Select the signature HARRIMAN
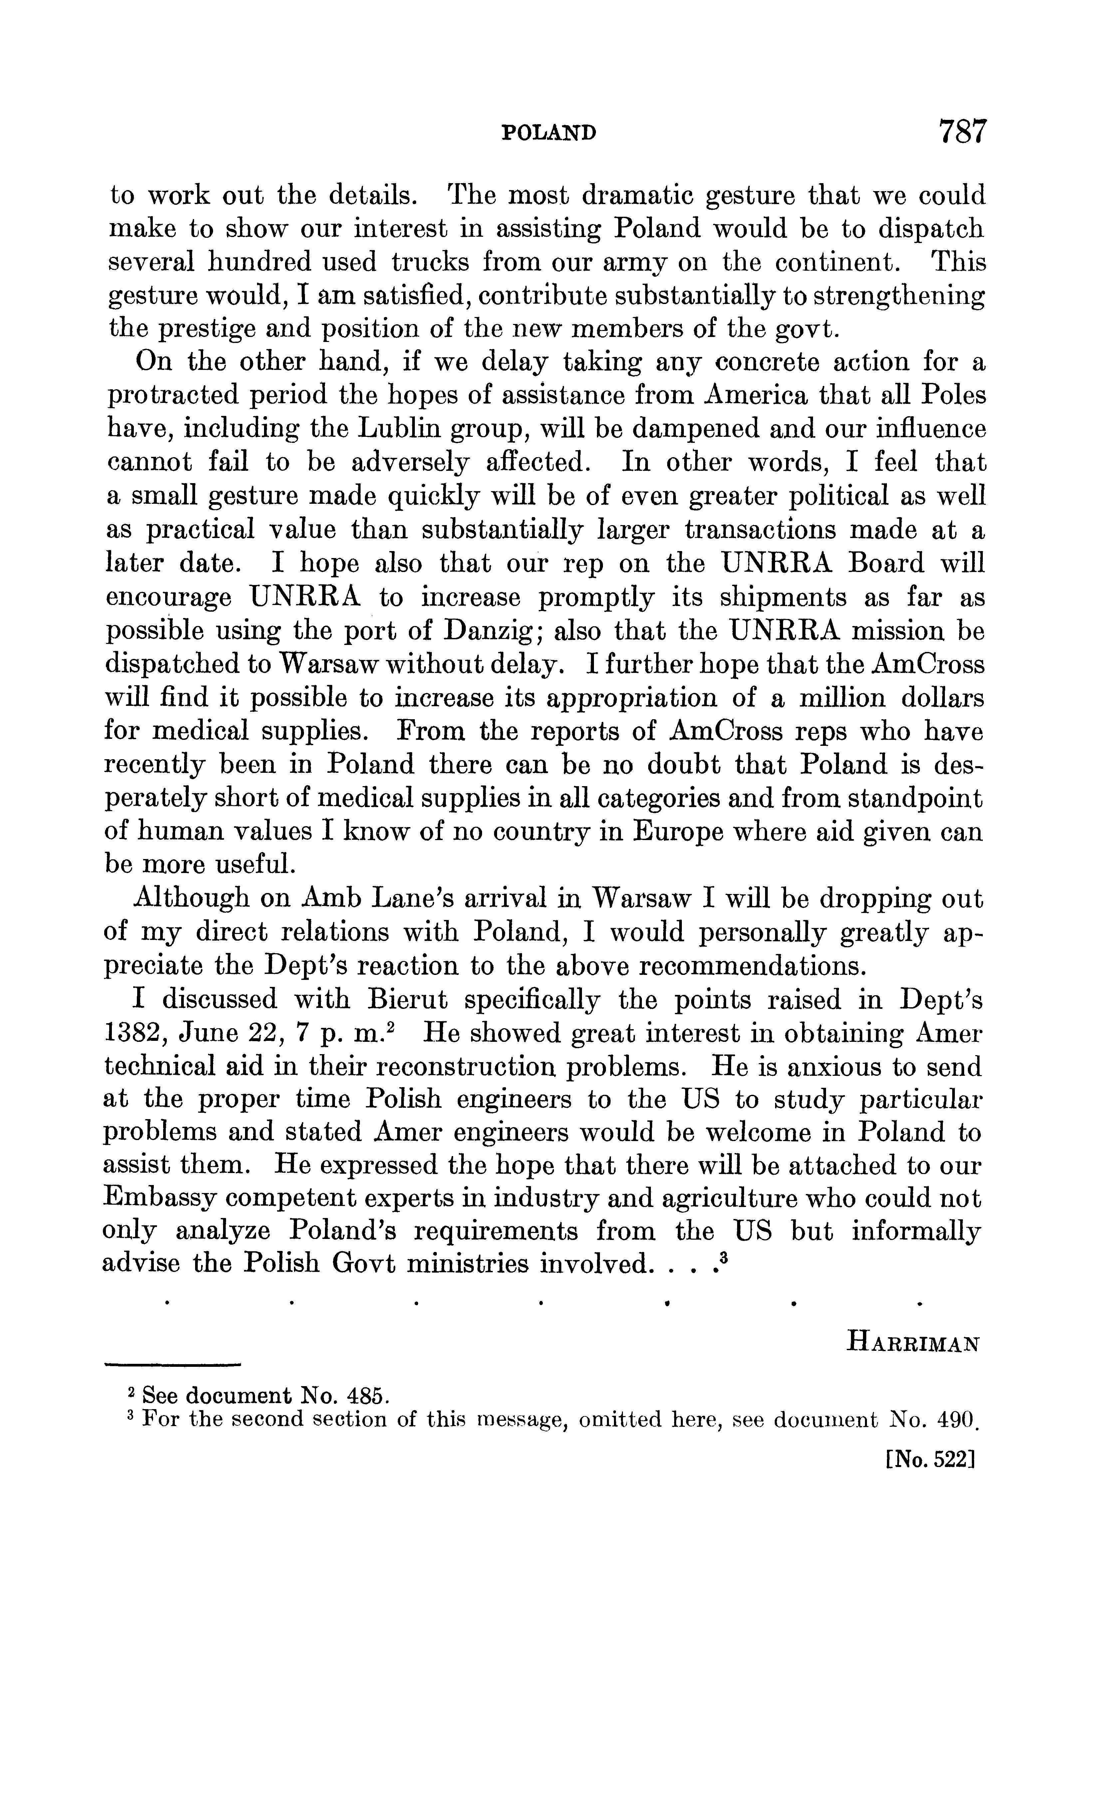click(x=913, y=1344)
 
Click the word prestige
click(x=196, y=329)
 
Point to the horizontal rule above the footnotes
click(x=173, y=1364)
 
